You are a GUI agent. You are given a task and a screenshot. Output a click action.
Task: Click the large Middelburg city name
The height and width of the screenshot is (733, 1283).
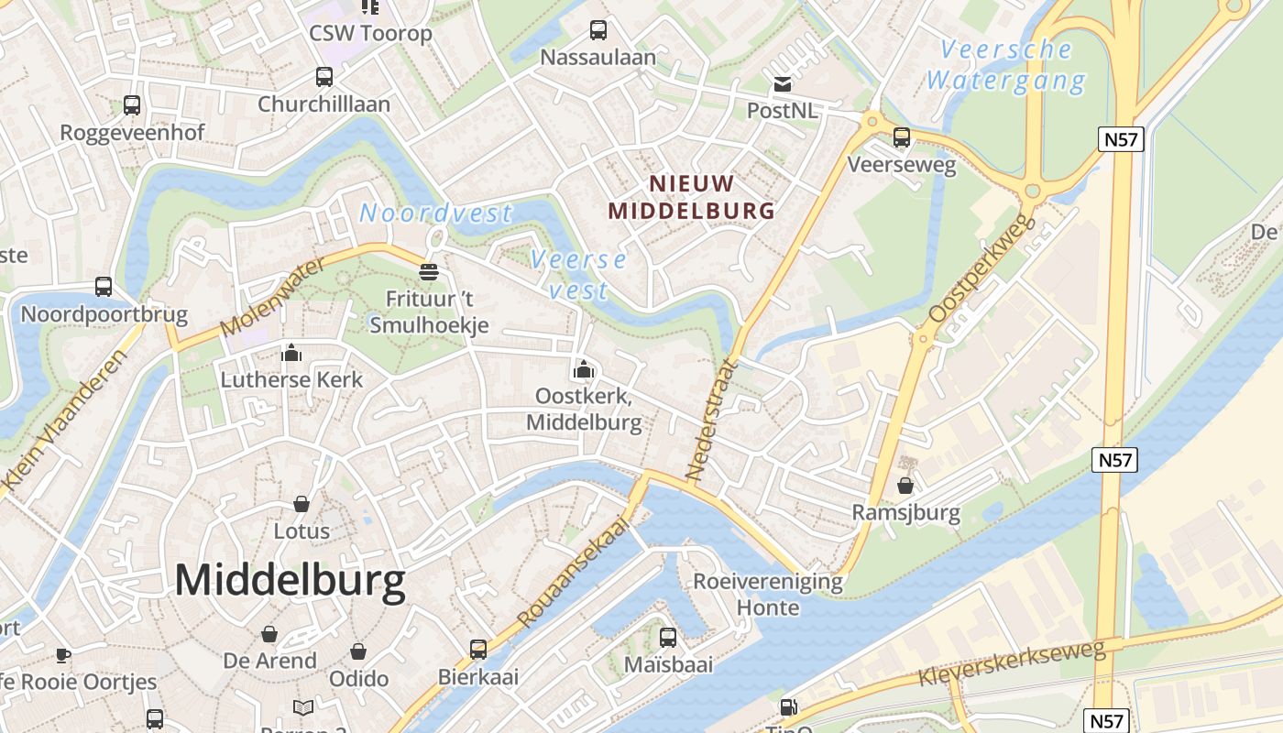(x=290, y=581)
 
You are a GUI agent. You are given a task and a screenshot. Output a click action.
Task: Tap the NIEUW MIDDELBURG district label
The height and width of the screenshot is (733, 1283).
(x=692, y=197)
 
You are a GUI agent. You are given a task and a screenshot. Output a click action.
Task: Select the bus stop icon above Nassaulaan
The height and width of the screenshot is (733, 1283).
(x=598, y=30)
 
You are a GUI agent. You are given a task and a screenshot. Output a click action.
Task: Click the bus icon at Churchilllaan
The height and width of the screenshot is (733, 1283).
(x=324, y=77)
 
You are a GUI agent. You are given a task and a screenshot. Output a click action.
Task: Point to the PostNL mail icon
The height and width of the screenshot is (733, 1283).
(x=782, y=85)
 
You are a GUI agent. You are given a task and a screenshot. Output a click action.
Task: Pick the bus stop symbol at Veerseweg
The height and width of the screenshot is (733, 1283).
(x=902, y=137)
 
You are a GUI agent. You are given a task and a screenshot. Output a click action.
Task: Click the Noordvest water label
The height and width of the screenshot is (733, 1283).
(x=435, y=213)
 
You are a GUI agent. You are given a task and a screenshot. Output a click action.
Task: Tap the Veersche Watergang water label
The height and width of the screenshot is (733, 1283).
(x=1005, y=65)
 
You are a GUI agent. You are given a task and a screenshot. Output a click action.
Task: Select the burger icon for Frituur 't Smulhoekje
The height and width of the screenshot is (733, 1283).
(x=428, y=271)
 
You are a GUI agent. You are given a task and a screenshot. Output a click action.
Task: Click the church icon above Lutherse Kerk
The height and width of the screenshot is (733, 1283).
(x=291, y=353)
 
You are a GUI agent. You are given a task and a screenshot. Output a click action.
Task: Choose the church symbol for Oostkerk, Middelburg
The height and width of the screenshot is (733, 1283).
(x=583, y=370)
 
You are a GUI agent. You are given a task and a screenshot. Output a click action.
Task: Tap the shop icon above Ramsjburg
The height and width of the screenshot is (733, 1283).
(x=905, y=485)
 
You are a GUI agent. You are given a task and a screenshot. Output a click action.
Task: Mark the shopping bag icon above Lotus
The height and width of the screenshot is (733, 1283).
(x=301, y=503)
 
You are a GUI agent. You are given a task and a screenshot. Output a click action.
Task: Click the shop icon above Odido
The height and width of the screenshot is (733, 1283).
(x=358, y=651)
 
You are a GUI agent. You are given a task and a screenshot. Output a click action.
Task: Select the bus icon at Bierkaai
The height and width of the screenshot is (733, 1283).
(x=478, y=650)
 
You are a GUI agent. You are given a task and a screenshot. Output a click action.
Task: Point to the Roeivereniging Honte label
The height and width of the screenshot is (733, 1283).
(x=767, y=594)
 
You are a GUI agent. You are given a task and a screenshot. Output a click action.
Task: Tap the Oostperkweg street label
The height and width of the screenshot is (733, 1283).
(x=981, y=268)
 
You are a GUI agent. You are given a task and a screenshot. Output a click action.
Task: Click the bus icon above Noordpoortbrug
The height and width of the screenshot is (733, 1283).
(x=104, y=287)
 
